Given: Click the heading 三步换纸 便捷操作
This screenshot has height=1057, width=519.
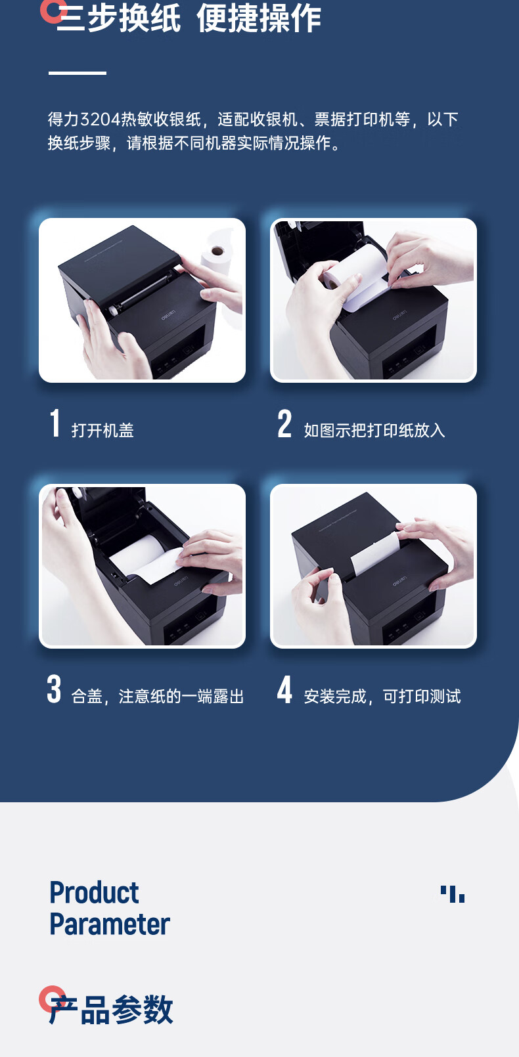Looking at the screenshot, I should [189, 18].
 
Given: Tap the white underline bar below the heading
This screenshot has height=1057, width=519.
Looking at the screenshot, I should [78, 73].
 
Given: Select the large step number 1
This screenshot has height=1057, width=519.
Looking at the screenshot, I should [55, 423].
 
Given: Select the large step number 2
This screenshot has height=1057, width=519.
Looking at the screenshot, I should [284, 423].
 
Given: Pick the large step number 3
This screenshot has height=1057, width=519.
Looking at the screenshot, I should [54, 689].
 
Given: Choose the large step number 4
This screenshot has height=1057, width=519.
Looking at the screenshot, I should [284, 689].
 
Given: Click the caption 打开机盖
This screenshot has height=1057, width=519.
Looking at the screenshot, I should [102, 431].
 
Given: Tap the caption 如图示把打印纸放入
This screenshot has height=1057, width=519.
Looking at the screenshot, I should [374, 431].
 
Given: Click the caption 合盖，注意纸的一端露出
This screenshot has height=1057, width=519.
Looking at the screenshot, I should [158, 697].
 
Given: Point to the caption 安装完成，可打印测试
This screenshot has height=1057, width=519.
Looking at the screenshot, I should [382, 697].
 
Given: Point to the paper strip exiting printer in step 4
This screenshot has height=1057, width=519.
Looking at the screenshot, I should [374, 551].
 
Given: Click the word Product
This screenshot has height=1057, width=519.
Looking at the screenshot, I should [94, 893].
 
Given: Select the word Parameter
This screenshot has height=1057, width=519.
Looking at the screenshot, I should [110, 924].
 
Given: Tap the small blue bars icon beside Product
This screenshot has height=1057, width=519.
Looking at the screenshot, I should [453, 894].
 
